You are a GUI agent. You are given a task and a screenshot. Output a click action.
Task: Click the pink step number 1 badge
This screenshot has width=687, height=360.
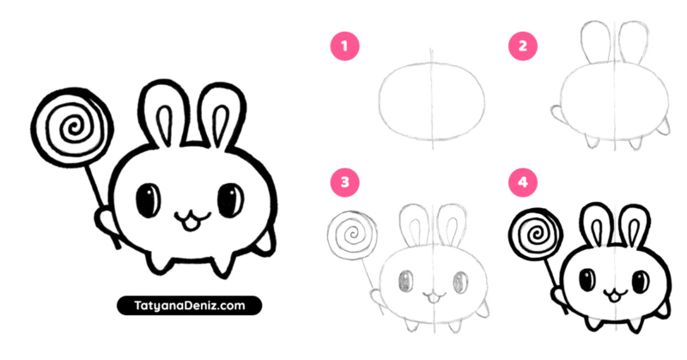coord(344,46)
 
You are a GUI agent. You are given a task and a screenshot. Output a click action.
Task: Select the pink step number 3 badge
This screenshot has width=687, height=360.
coord(344,182)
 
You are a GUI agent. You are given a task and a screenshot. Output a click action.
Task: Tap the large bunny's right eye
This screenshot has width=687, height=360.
coord(229,200)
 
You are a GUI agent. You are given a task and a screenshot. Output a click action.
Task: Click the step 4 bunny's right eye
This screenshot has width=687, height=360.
coord(639,280)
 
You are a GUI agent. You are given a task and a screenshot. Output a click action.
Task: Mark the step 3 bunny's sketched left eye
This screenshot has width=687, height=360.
coord(407,281)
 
